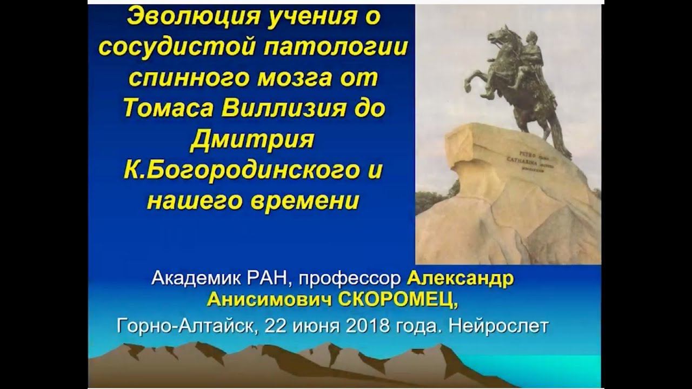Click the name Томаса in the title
pos(168,109)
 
